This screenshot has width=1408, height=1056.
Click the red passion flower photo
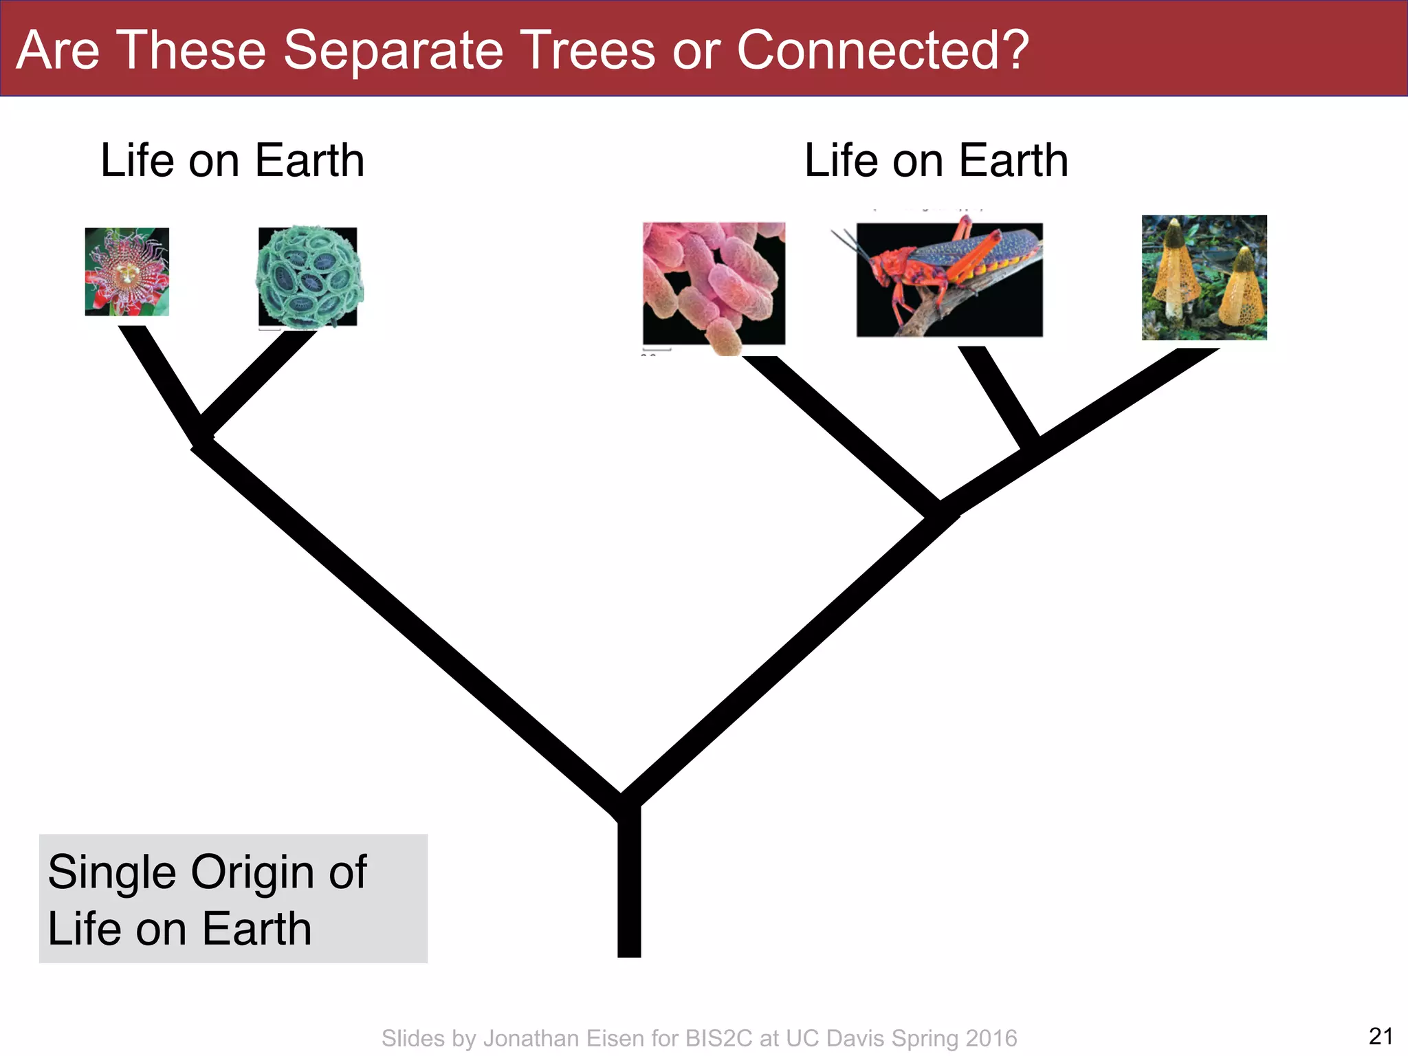tap(126, 272)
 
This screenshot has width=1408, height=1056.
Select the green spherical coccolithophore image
tap(308, 276)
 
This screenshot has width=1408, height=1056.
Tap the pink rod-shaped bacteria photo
tap(714, 284)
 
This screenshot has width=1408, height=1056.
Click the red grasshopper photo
tap(949, 279)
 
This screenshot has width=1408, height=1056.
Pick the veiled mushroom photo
tap(1204, 277)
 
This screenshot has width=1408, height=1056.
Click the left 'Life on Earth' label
tap(232, 161)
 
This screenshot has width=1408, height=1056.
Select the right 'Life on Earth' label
tap(936, 161)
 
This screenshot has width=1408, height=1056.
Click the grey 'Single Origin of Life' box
tap(233, 898)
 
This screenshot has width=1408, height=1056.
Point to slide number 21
tap(1380, 1035)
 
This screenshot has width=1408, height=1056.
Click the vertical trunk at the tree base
tap(629, 887)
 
